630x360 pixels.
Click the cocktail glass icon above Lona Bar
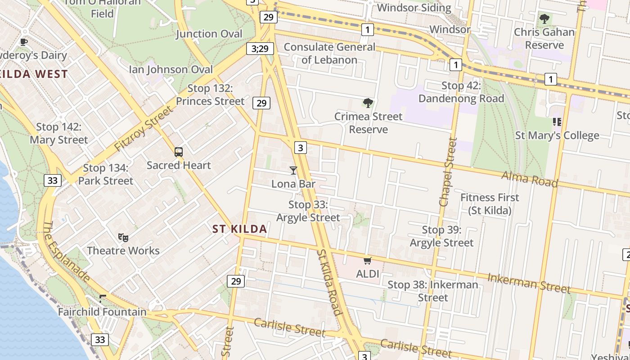[x=293, y=170]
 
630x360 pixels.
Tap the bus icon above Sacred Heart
[x=179, y=152]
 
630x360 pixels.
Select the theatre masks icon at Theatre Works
[x=123, y=237]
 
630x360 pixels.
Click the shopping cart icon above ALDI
[x=368, y=261]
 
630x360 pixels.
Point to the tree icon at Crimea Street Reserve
[x=368, y=103]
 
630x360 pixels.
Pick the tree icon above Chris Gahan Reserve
[x=544, y=19]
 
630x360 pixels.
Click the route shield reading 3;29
[x=260, y=48]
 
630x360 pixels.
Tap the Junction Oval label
[x=209, y=34]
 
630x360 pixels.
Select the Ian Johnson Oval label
[x=171, y=69]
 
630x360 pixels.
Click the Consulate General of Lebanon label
[x=329, y=53]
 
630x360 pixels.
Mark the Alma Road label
[x=529, y=179]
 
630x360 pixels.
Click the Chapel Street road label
[x=448, y=172]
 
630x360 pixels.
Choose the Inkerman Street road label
[x=529, y=283]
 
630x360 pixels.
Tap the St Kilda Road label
[x=329, y=283]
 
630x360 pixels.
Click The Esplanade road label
[x=67, y=252]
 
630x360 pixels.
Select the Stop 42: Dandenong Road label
[x=461, y=92]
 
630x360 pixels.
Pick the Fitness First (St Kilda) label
[x=490, y=204]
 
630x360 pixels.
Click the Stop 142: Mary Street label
[x=59, y=134]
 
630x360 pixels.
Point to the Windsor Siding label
[x=414, y=8]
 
